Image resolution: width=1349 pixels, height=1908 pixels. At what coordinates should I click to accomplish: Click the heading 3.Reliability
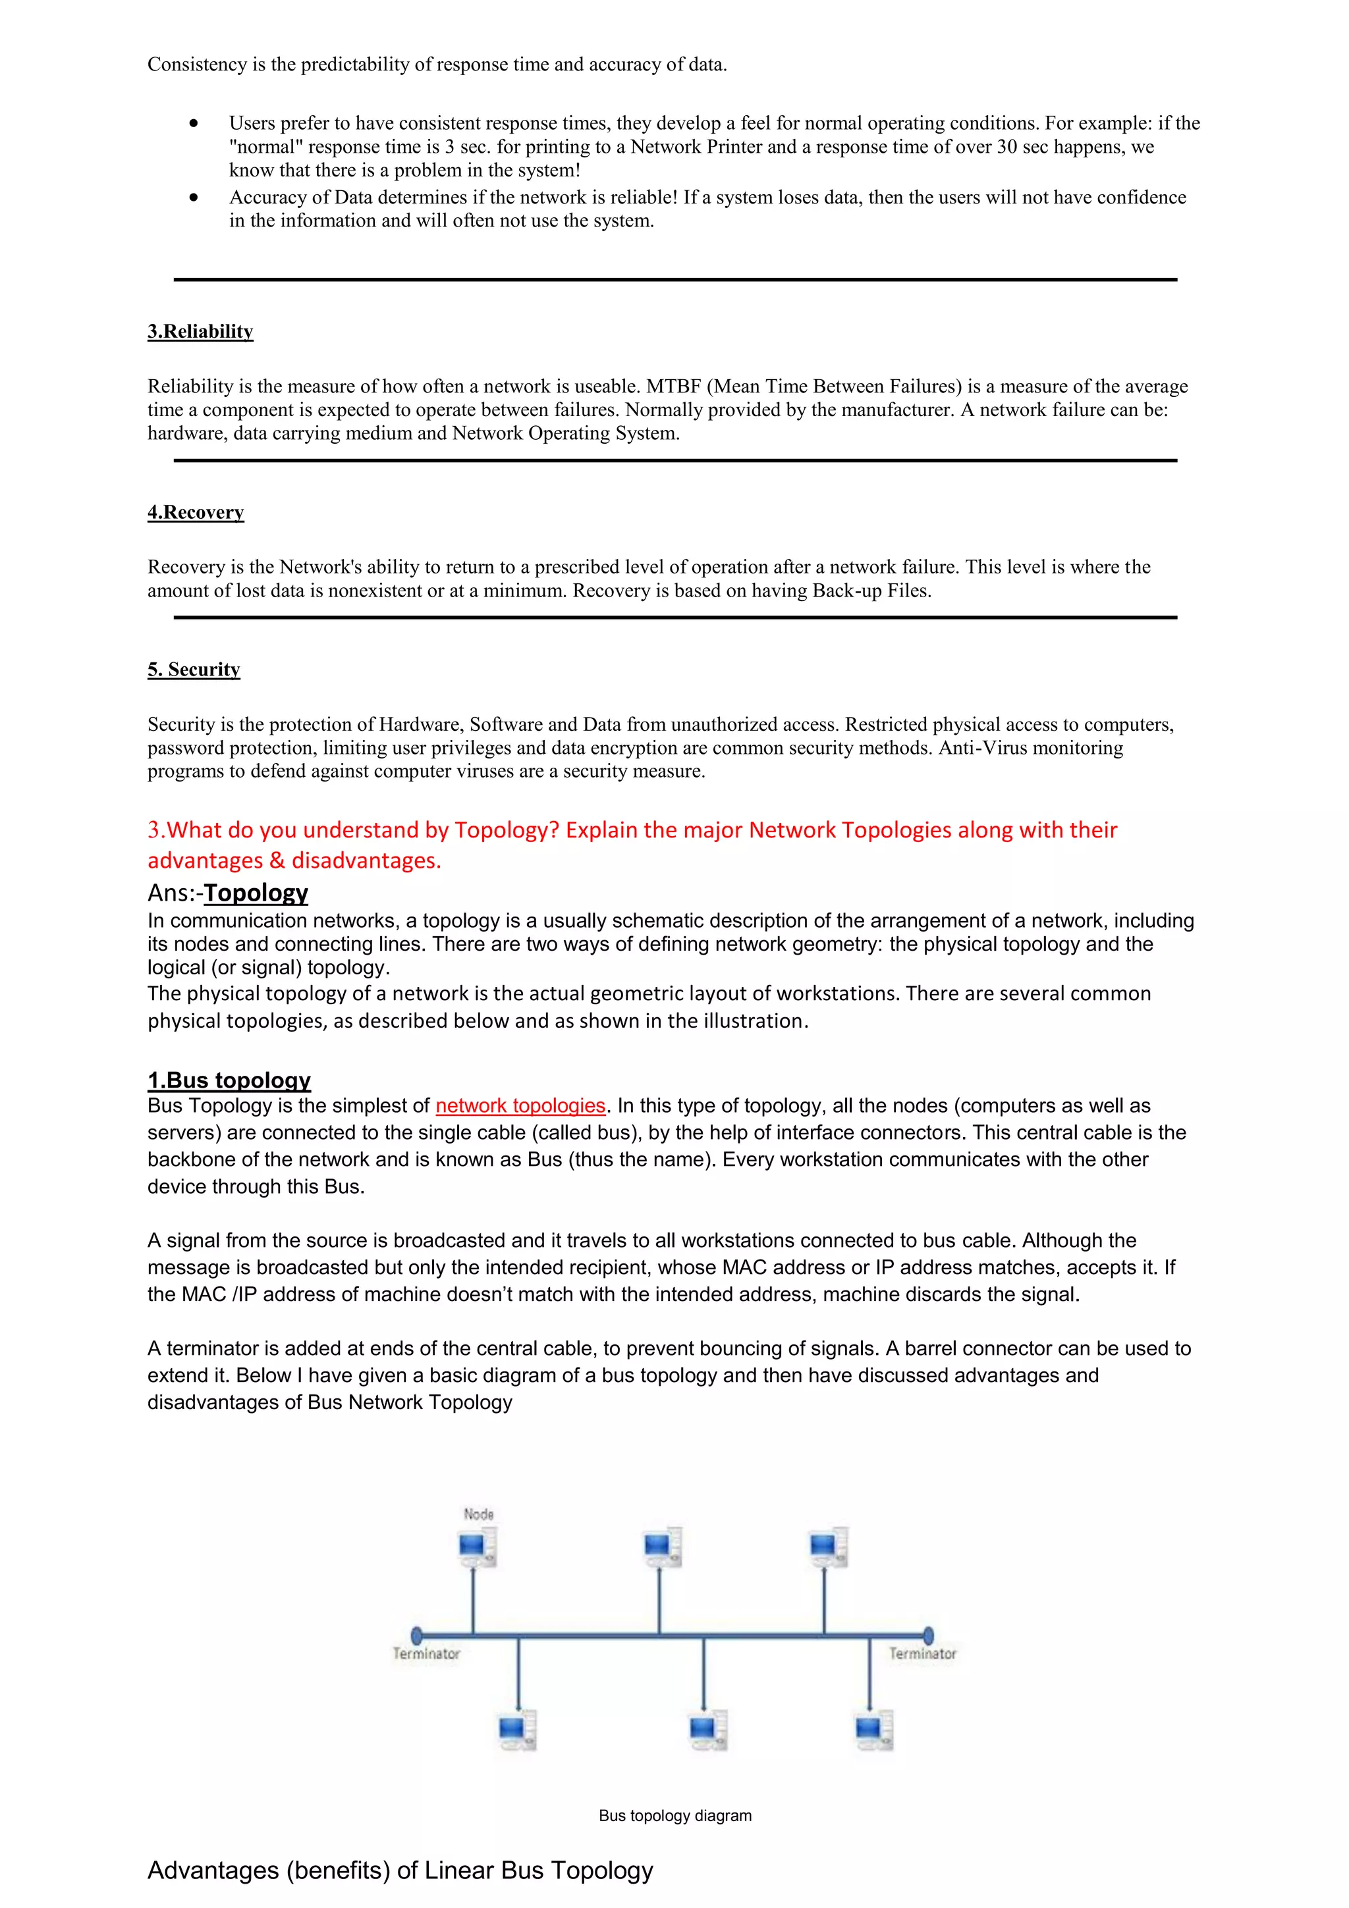pos(200,332)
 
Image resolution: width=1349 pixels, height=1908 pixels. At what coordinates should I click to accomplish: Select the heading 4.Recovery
pos(196,512)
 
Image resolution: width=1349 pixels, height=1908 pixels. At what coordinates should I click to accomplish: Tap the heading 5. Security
pos(194,670)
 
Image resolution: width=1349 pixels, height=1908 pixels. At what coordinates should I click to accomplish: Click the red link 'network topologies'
pos(520,1105)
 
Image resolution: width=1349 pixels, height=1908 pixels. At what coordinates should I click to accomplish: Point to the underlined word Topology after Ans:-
pos(256,893)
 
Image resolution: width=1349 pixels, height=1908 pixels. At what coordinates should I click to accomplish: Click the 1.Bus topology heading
pos(229,1080)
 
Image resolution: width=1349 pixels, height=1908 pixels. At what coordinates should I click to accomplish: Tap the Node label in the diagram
pos(479,1514)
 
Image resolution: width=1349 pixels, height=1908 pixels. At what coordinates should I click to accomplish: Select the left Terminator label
pos(426,1654)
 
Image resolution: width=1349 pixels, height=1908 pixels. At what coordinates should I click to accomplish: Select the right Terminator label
pos(923,1654)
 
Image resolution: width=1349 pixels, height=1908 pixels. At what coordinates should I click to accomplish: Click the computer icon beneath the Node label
pos(477,1548)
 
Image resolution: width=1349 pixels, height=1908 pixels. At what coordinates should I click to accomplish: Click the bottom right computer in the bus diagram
pos(873,1731)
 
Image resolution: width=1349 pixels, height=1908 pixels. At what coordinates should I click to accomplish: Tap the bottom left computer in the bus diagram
pos(517,1731)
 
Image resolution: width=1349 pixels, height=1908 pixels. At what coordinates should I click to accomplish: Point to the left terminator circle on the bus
pos(417,1635)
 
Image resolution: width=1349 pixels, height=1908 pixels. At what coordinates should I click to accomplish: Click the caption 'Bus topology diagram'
pos(675,1816)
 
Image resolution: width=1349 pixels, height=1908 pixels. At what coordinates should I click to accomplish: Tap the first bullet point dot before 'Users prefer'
pos(194,123)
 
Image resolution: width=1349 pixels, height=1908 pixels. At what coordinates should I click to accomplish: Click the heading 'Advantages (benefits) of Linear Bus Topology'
pos(400,1870)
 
